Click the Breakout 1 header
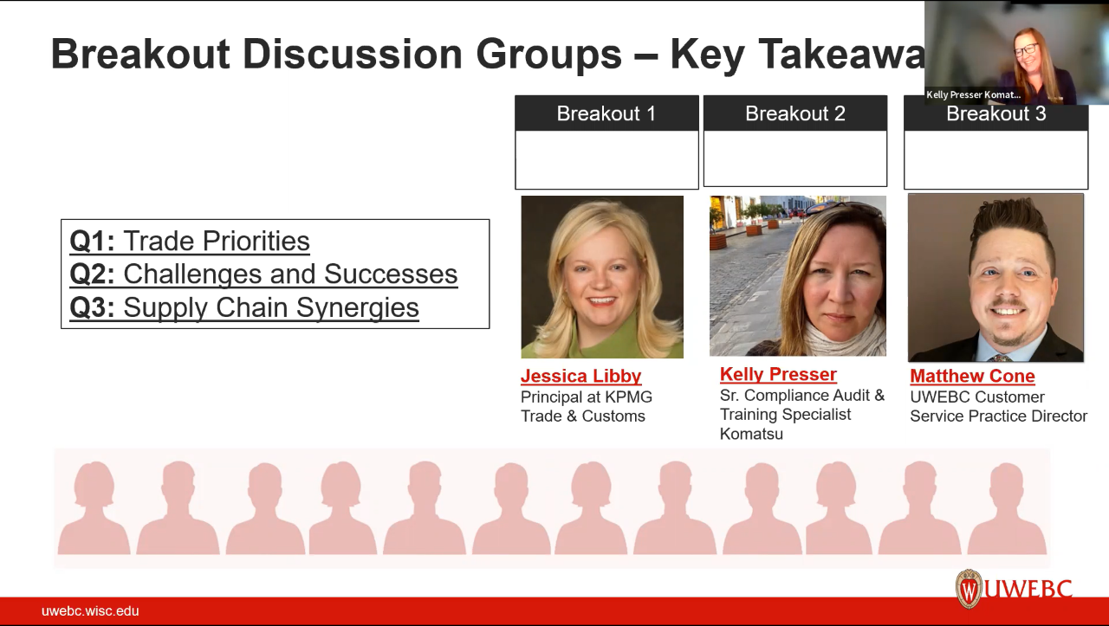[606, 113]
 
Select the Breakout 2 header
[794, 113]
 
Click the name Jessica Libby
[580, 376]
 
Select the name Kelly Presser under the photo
[778, 374]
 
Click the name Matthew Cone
[972, 376]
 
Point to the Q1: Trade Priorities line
[190, 241]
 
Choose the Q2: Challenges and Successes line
[263, 274]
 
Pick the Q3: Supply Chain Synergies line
[244, 307]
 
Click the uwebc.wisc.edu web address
[90, 610]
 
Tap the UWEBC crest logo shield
[968, 589]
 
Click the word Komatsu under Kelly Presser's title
[751, 434]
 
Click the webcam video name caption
[973, 95]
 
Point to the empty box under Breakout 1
[606, 159]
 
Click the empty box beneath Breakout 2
[794, 158]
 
